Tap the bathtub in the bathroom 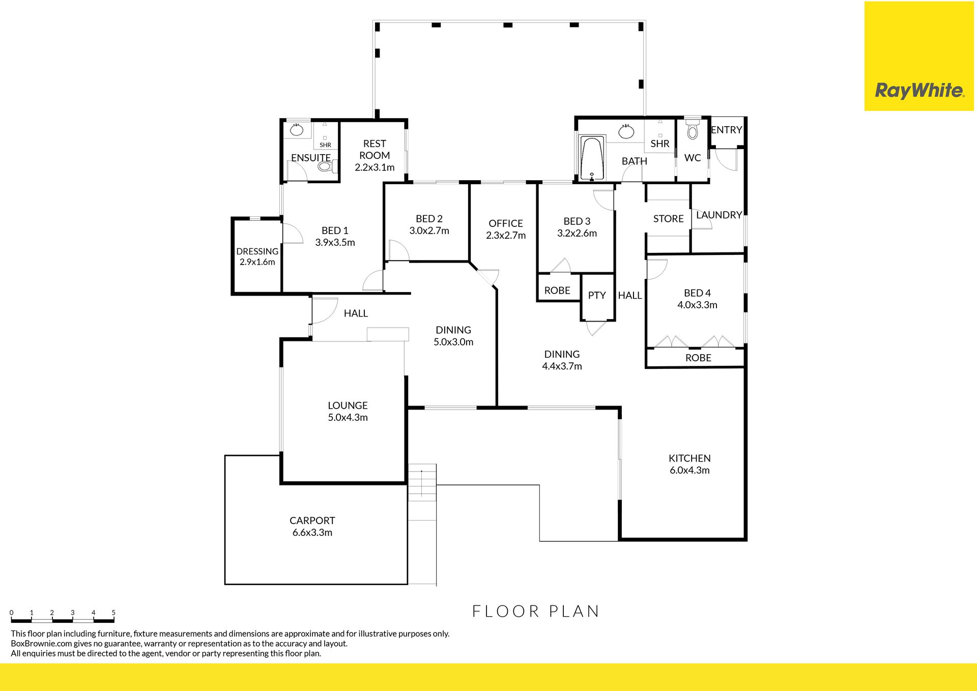[592, 158]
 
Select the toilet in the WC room [692, 129]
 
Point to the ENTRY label [726, 130]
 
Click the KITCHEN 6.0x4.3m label [689, 464]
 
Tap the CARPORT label [312, 521]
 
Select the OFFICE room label [506, 223]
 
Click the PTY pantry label [597, 295]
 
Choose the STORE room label [668, 219]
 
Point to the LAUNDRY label [719, 215]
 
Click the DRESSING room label [257, 251]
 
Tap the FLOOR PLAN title [536, 611]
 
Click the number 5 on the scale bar [113, 613]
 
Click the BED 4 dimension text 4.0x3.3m [697, 305]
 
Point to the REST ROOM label [375, 150]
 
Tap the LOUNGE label [348, 406]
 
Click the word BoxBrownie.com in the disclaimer [41, 644]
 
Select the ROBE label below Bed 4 [698, 358]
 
